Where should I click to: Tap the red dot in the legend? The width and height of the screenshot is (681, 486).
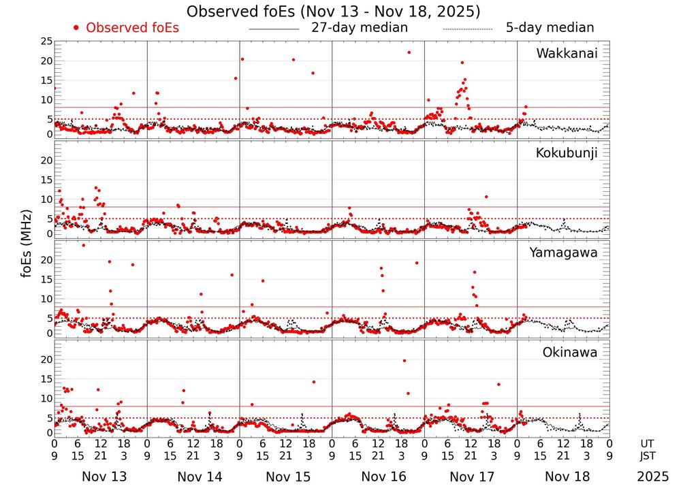tap(76, 28)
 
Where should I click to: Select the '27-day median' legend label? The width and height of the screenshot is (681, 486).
tap(360, 28)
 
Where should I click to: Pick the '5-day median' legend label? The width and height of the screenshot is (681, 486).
tap(550, 28)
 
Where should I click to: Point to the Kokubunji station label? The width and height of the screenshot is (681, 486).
tap(567, 153)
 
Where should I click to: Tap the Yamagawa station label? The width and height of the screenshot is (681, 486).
tap(564, 253)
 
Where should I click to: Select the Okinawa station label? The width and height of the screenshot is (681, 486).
tap(569, 353)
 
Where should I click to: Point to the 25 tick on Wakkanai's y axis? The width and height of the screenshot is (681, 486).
tap(46, 42)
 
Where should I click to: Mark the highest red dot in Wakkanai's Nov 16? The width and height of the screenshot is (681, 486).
tap(409, 52)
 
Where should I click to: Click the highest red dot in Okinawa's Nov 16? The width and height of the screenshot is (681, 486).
tap(405, 361)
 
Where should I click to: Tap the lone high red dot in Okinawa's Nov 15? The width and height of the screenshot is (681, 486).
tap(313, 382)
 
